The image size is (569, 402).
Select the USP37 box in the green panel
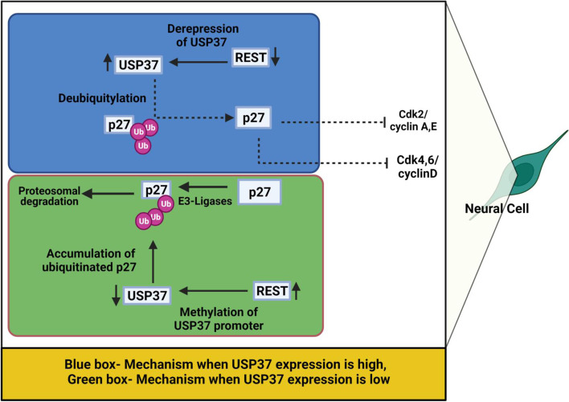point(150,294)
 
